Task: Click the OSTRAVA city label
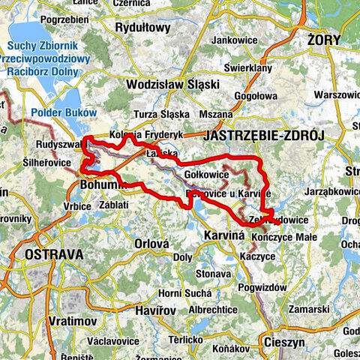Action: (x=53, y=255)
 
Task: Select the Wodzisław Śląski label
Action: (x=171, y=84)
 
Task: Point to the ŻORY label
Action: (x=324, y=39)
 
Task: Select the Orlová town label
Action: (x=154, y=243)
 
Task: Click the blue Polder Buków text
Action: (x=64, y=112)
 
